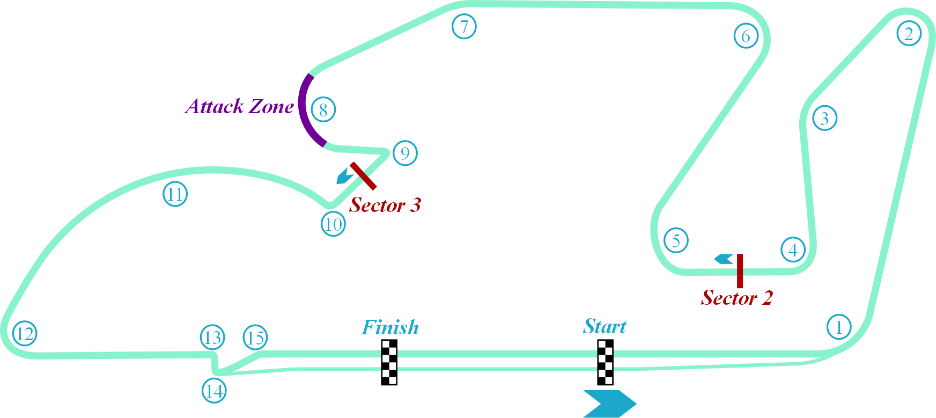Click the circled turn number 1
839,327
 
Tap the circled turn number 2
909,34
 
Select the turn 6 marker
746,36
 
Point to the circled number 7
464,26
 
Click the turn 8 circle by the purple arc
323,109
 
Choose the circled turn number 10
333,224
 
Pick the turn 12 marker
25,334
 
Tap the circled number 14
214,391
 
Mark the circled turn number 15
255,338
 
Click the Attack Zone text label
239,106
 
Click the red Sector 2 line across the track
740,271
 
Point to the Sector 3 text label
385,205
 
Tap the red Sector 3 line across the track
363,175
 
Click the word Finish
390,327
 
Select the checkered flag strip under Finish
389,362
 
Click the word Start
605,326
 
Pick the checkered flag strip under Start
605,362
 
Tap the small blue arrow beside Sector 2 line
724,259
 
